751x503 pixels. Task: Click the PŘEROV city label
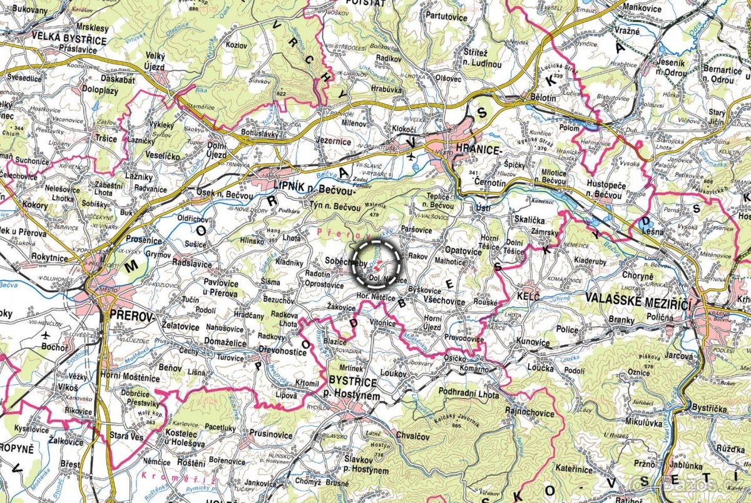tap(131, 316)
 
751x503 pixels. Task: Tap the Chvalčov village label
tap(414, 437)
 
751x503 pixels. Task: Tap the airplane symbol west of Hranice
tap(410, 156)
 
